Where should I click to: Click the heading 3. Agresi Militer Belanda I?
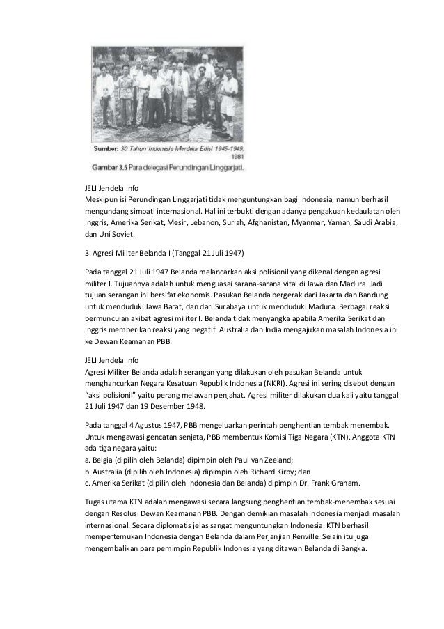[x=158, y=251]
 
